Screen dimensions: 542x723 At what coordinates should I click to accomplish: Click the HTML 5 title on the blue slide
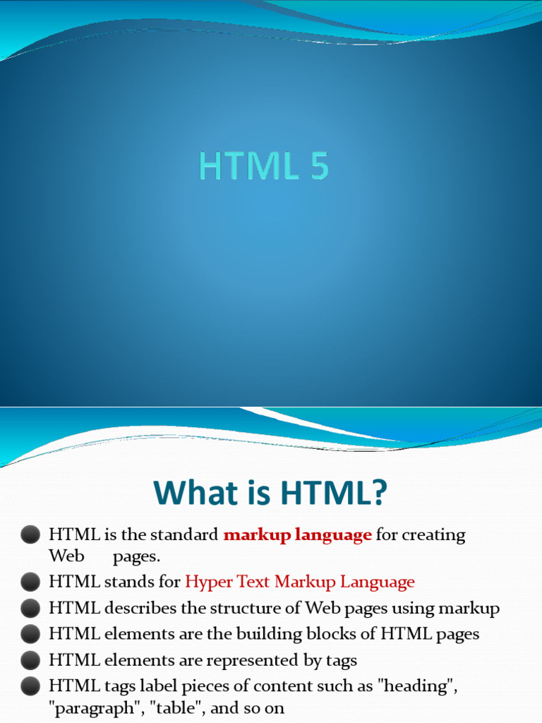tap(264, 165)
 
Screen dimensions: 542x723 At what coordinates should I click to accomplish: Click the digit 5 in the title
tap(319, 165)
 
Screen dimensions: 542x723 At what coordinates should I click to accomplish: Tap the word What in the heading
tap(200, 492)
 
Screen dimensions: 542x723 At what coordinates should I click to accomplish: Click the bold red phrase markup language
tap(297, 535)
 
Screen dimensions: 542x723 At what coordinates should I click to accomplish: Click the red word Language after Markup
tap(378, 582)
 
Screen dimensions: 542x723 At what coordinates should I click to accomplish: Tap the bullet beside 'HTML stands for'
tap(30, 582)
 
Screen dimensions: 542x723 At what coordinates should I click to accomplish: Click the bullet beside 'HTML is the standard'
tap(30, 535)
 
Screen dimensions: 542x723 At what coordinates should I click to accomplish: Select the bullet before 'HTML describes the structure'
tap(30, 608)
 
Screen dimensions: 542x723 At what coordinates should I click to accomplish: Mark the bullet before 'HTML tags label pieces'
tap(30, 686)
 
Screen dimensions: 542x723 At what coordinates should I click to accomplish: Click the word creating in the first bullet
tap(434, 535)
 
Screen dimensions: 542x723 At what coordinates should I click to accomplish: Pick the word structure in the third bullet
tap(244, 608)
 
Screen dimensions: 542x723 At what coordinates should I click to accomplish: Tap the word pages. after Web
tap(136, 557)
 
